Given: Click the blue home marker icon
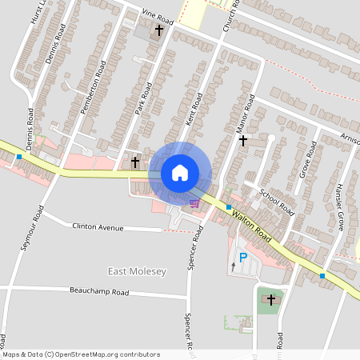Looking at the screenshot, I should tap(179, 172).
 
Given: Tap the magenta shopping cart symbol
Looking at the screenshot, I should tap(194, 203).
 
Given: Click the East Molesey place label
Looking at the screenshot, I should tap(137, 272).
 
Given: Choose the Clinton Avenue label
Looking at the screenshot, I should tap(98, 227).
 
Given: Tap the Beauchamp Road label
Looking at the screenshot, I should tap(99, 292).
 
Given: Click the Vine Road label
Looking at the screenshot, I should tap(158, 15).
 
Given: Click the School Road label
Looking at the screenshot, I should tap(278, 202).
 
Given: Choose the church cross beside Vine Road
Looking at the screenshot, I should tap(159, 30).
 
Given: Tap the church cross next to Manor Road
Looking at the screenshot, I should tap(243, 140).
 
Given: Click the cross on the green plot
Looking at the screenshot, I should tap(271, 299).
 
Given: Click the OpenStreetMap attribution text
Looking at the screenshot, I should tap(81, 354).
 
